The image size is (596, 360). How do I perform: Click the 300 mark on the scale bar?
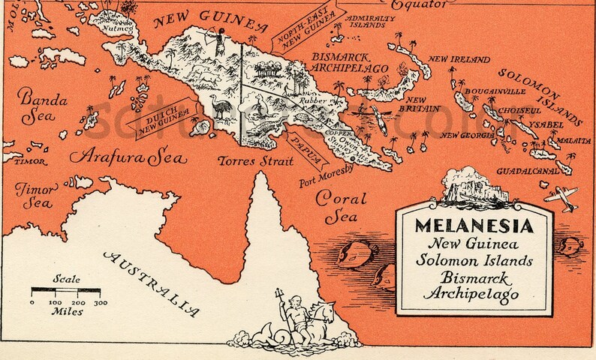click(x=101, y=301)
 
